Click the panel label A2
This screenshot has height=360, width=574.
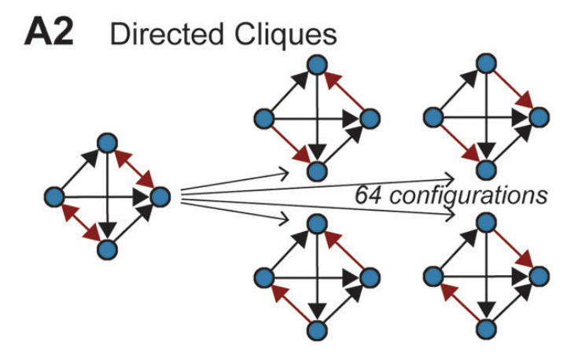point(49,32)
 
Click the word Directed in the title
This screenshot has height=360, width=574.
point(167,34)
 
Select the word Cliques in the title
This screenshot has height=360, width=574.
point(285,35)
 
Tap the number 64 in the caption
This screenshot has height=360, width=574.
point(368,195)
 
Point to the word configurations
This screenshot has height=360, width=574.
point(469,197)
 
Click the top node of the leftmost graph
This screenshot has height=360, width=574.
point(107,143)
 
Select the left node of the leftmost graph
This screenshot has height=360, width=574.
point(54,197)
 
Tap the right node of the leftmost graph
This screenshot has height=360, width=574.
point(160,197)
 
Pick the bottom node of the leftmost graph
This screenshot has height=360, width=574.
point(107,250)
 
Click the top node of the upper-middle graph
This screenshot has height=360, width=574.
point(318,65)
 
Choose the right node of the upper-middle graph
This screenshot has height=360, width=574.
point(370,119)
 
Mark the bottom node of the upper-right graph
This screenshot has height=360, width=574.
point(487,170)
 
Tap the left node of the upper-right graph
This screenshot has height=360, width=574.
point(433,117)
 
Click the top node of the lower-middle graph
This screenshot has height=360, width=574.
point(318,223)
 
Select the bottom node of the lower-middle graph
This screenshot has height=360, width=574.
point(318,330)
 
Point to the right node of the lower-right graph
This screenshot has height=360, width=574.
point(539,276)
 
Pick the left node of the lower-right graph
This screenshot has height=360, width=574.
point(433,276)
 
